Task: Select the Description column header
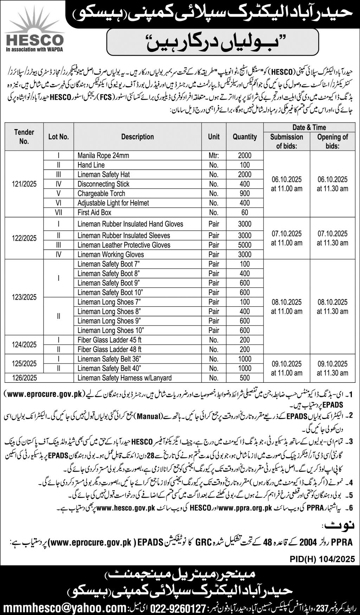(x=137, y=137)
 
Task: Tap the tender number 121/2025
(x=24, y=184)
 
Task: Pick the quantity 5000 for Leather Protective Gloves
(x=245, y=245)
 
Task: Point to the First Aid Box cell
(x=94, y=212)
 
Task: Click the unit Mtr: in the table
(x=213, y=156)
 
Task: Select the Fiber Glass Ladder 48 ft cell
(x=109, y=349)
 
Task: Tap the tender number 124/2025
(x=24, y=344)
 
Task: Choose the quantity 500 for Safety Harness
(x=245, y=378)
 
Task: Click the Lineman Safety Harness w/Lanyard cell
(x=124, y=378)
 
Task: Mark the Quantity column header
(x=245, y=137)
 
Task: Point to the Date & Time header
(x=309, y=127)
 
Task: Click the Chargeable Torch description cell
(x=101, y=193)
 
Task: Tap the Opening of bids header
(x=332, y=141)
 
